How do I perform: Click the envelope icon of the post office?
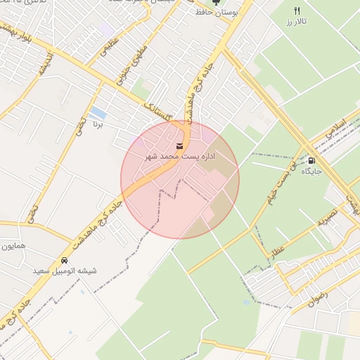pyautogui.click(x=179, y=146)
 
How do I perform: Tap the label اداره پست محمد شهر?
pyautogui.click(x=179, y=156)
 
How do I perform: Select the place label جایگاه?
pyautogui.click(x=311, y=171)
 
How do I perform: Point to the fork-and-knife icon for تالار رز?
pyautogui.click(x=297, y=11)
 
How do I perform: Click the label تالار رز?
pyautogui.click(x=297, y=22)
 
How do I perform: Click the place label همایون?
pyautogui.click(x=13, y=247)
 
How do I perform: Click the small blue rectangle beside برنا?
pyautogui.click(x=98, y=112)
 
